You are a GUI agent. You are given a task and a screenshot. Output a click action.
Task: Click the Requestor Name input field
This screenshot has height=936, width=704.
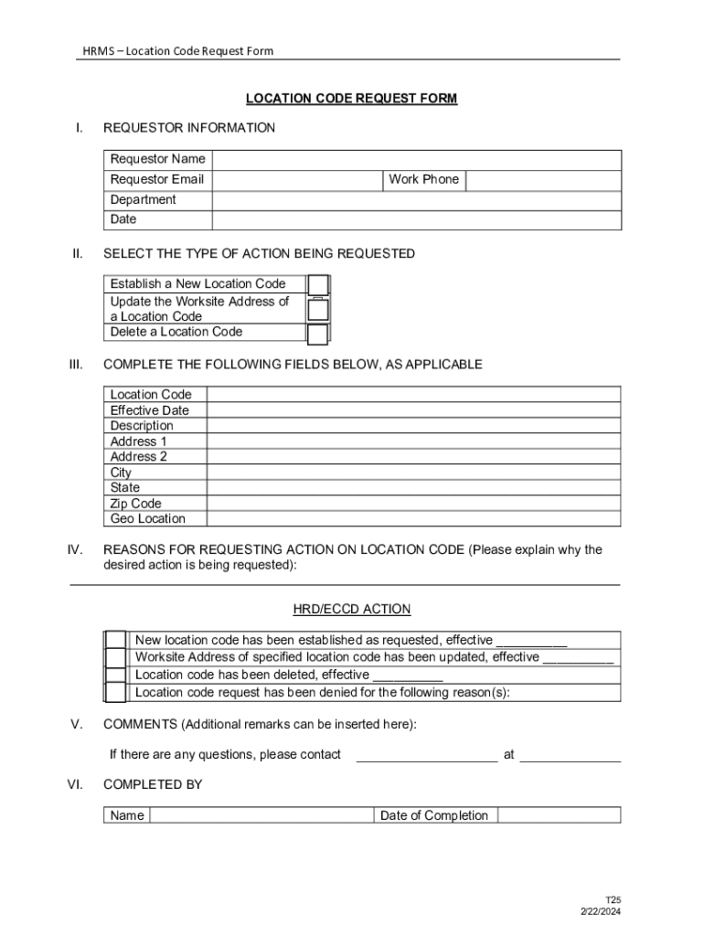416,160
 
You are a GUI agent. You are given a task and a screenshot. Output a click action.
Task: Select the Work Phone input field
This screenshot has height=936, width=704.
543,180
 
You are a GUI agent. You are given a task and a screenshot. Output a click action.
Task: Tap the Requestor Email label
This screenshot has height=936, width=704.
156,180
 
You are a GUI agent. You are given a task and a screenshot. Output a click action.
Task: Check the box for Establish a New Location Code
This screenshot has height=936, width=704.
317,285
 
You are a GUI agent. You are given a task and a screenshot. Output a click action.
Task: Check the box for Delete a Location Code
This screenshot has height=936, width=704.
317,334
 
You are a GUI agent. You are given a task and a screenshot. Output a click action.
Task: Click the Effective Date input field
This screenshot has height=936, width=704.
413,410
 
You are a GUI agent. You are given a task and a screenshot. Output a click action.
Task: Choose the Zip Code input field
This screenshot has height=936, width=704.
413,504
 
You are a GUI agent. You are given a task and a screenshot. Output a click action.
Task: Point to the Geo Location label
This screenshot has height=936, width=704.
147,519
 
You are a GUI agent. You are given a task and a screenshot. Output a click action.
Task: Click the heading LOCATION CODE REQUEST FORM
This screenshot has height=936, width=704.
351,99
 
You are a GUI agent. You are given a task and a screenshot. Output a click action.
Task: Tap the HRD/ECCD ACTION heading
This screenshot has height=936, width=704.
351,610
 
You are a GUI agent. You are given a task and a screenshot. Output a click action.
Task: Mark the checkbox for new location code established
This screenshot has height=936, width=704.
115,640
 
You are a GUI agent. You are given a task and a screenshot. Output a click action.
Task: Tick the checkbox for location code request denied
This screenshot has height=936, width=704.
115,693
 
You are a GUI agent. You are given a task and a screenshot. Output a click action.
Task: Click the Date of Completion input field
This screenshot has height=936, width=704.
559,815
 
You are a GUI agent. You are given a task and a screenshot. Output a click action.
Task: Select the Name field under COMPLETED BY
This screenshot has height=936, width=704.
261,815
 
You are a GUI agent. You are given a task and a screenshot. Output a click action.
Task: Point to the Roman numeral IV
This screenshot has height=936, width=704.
76,550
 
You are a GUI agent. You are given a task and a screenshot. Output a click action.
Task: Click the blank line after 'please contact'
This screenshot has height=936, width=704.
426,755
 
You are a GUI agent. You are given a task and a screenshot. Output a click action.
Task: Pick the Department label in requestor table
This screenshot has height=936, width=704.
144,200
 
